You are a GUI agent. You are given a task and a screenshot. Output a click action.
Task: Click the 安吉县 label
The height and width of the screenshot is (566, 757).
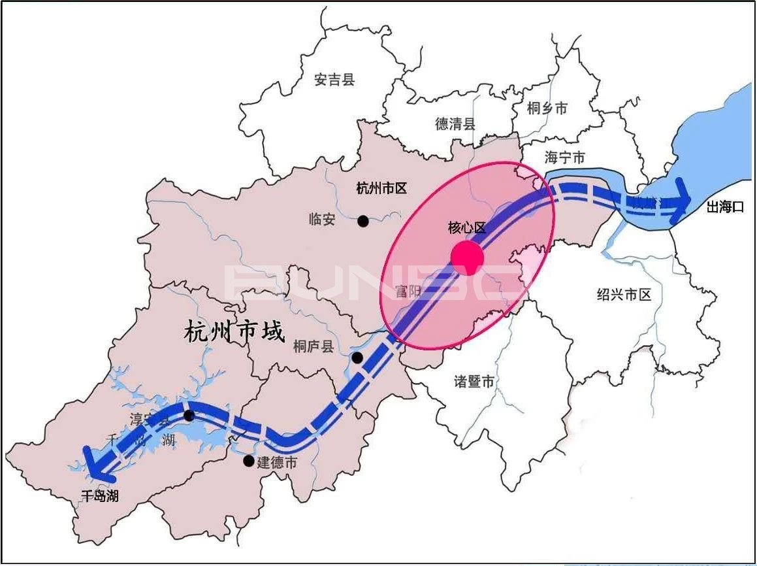point(334,80)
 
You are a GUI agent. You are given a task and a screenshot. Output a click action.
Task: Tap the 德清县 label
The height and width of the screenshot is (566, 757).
point(455,124)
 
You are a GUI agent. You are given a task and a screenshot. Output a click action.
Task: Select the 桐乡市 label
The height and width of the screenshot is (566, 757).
point(547,108)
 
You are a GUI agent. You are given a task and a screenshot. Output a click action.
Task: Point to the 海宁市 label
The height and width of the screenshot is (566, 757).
point(564,157)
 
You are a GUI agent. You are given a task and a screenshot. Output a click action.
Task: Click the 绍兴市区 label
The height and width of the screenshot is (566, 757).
point(624,294)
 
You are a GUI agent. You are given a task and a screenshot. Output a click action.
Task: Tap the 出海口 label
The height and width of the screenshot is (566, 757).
point(726,207)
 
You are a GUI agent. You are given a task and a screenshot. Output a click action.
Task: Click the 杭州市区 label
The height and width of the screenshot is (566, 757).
point(381,188)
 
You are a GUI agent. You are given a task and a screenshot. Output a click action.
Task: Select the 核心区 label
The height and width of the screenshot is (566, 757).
point(467,227)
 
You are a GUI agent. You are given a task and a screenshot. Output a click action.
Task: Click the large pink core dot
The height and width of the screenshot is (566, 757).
point(467,256)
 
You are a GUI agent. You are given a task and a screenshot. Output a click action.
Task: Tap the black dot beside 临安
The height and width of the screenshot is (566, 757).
point(363,222)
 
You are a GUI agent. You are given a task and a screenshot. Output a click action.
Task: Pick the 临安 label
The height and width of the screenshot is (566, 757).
point(321,220)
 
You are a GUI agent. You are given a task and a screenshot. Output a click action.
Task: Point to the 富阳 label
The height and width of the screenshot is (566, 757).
point(409,291)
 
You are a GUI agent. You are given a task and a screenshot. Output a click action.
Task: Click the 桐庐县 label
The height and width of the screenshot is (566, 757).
point(314,346)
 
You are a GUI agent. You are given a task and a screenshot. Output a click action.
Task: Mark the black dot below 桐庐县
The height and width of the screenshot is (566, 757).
point(357,358)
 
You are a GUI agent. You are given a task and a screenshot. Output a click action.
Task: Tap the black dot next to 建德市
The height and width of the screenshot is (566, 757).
point(248,461)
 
